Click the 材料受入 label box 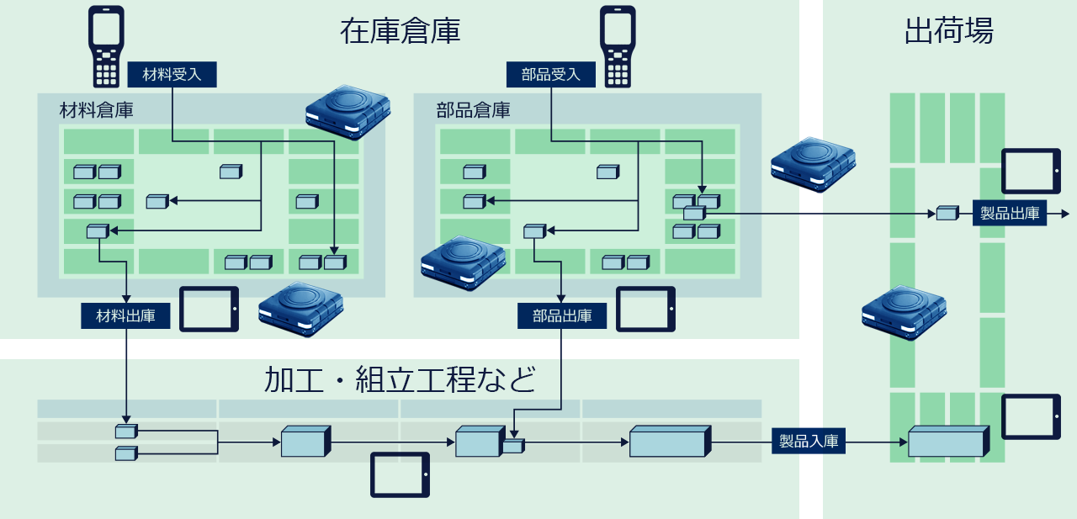pyautogui.click(x=172, y=75)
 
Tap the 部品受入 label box pyautogui.click(x=550, y=75)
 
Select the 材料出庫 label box pyautogui.click(x=125, y=315)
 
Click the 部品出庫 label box pyautogui.click(x=562, y=315)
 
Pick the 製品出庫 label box pyautogui.click(x=1010, y=213)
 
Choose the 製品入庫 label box pyautogui.click(x=809, y=441)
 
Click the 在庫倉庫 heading pyautogui.click(x=400, y=31)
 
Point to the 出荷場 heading pyautogui.click(x=948, y=31)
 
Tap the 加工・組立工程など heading pyautogui.click(x=400, y=379)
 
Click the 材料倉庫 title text pyautogui.click(x=96, y=110)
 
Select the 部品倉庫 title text pyautogui.click(x=473, y=110)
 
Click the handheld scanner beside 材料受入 pyautogui.click(x=106, y=46)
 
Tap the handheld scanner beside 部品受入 pyautogui.click(x=618, y=46)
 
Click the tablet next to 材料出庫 pyautogui.click(x=210, y=309)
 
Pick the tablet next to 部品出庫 pyautogui.click(x=645, y=309)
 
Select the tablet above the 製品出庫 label pyautogui.click(x=1031, y=171)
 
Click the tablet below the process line pyautogui.click(x=400, y=474)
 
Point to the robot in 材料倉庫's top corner pyautogui.click(x=348, y=113)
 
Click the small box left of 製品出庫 pyautogui.click(x=947, y=213)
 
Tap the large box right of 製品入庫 pyautogui.click(x=948, y=441)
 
